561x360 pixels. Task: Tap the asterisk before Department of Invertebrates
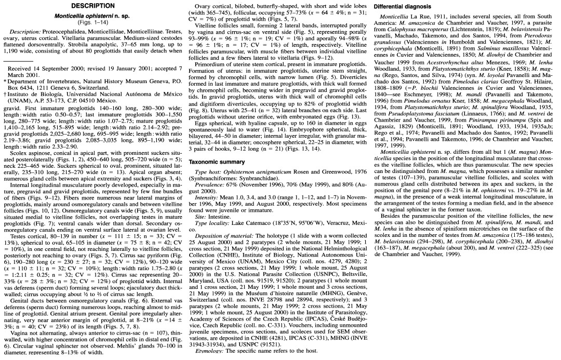click(5, 82)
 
